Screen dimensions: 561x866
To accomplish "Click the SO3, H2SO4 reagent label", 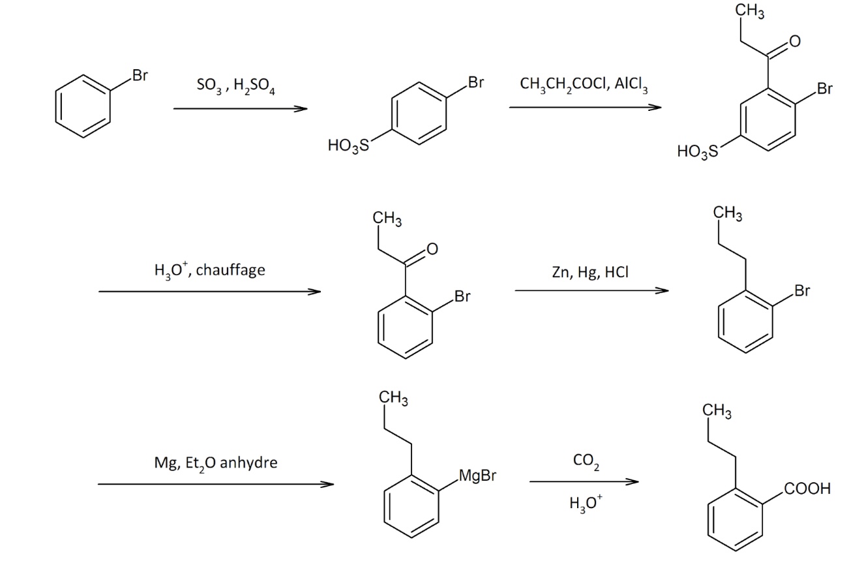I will tap(235, 87).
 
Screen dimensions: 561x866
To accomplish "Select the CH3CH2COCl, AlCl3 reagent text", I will tap(584, 85).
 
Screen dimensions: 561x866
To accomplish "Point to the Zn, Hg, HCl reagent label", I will tap(590, 273).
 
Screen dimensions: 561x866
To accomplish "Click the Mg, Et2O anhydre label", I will tap(215, 463).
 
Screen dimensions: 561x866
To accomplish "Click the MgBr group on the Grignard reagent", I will tap(477, 476).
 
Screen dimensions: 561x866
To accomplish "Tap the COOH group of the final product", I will tap(807, 489).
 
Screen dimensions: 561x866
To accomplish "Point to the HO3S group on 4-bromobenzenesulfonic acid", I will tap(348, 146).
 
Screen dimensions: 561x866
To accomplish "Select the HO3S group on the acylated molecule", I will tap(696, 152).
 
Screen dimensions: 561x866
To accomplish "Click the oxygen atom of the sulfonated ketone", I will tap(794, 42).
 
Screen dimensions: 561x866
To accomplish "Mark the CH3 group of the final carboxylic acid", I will tap(717, 412).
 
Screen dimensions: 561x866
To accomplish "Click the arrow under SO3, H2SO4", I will tap(240, 109).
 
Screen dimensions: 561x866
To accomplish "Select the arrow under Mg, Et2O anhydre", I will tap(215, 484).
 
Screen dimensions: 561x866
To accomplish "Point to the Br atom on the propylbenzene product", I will tap(802, 291).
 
